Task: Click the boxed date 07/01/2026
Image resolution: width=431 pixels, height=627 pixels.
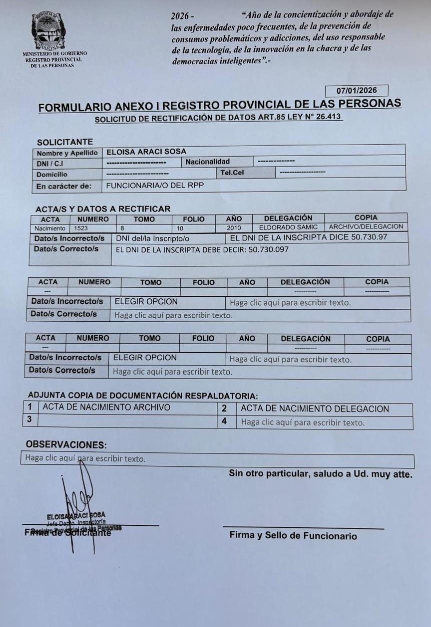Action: pos(356,91)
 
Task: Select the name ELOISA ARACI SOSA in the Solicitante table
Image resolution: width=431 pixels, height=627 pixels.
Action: pos(143,152)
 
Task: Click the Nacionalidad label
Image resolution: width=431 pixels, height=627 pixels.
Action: pos(208,162)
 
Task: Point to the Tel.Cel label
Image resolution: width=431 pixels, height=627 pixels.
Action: pos(232,173)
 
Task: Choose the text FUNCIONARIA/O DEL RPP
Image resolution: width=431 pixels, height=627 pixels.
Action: pos(155,185)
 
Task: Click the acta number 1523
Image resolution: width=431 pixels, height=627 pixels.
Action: pos(81,227)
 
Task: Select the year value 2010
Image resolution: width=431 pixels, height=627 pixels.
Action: pos(234,227)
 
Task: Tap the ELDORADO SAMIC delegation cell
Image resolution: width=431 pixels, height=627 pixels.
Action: pos(288,227)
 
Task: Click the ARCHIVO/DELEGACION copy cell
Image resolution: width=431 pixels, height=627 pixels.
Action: pos(366,226)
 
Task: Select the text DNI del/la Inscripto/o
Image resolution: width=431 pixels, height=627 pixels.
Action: pos(153,238)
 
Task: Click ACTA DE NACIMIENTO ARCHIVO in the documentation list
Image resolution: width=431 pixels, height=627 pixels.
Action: pos(106,407)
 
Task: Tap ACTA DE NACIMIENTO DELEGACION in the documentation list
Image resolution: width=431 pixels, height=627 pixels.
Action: pos(315,409)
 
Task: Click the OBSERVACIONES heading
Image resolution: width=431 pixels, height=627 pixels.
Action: pos(66,444)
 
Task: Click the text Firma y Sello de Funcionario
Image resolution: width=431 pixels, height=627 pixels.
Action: pos(293,536)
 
